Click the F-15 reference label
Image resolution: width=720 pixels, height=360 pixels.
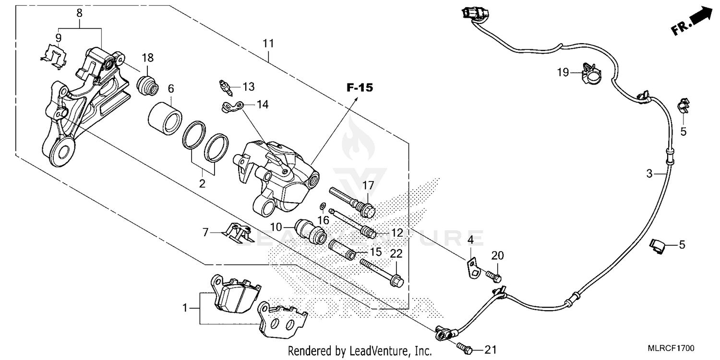[x=360, y=88]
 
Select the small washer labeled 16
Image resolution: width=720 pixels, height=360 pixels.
[x=323, y=206]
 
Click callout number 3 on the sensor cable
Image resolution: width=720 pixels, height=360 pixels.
[x=649, y=174]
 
